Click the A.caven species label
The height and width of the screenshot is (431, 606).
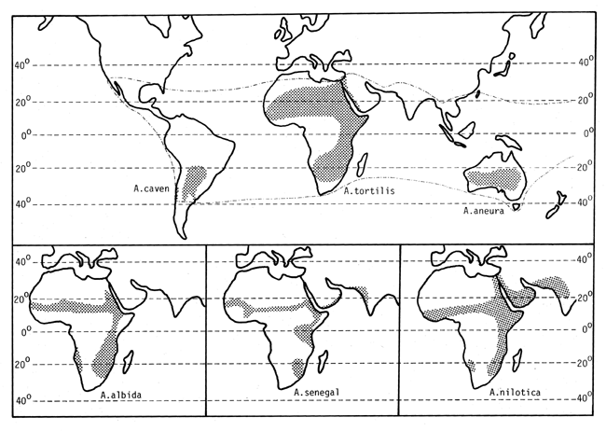[149, 188]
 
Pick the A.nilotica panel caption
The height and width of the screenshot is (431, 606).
[512, 393]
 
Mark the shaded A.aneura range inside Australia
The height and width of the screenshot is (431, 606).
[494, 176]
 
